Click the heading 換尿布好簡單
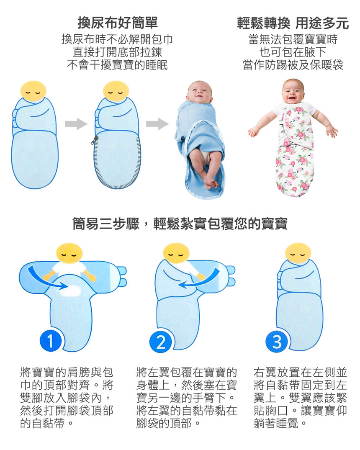point(118,23)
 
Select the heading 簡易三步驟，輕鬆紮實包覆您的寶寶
point(180,224)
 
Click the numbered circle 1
point(51,342)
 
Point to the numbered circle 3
point(277,342)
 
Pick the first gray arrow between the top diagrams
point(76,124)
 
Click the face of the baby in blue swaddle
point(199,93)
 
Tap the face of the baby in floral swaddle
point(293,91)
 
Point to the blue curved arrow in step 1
point(47,278)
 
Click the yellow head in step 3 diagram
point(298,254)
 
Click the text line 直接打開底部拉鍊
point(118,52)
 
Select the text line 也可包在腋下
point(293,52)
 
